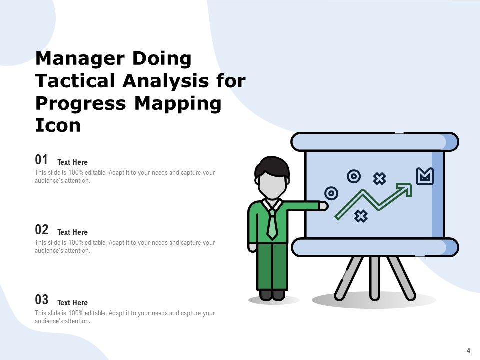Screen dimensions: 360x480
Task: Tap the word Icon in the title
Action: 58,125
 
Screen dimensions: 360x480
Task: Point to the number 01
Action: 42,160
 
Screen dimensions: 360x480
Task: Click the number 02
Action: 42,230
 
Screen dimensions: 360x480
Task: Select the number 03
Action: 42,300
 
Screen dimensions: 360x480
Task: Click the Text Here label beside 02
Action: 72,232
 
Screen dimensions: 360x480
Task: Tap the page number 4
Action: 468,350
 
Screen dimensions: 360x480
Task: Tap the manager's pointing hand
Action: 323,205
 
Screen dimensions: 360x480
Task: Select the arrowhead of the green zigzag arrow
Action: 405,189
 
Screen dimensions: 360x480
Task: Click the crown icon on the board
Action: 425,176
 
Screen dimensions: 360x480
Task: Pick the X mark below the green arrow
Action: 361,216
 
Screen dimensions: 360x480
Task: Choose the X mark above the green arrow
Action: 380,178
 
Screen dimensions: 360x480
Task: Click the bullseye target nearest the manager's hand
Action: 331,193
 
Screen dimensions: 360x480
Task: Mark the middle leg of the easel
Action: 374,277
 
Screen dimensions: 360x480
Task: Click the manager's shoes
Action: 272,295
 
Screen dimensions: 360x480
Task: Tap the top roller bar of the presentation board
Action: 375,142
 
